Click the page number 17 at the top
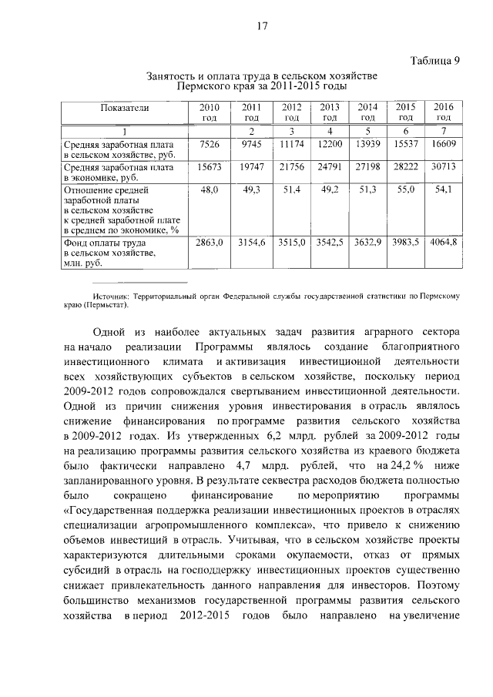tap(261, 26)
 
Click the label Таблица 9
tap(434, 62)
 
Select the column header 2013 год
tap(330, 112)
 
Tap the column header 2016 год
tap(443, 112)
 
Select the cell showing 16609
tap(443, 144)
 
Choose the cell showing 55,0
tap(406, 189)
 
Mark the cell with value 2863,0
tap(209, 243)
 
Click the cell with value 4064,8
tap(443, 243)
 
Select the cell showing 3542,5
tap(330, 243)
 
